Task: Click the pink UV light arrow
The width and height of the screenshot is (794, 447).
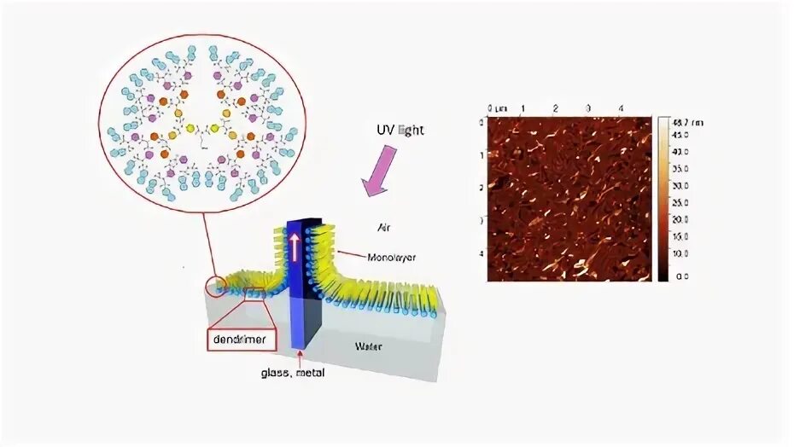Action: coord(379,170)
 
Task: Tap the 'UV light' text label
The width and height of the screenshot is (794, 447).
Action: coord(399,131)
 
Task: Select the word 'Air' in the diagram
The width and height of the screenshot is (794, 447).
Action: coord(387,228)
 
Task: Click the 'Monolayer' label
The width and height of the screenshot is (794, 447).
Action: coord(391,257)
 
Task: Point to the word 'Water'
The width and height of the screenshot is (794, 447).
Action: coord(370,345)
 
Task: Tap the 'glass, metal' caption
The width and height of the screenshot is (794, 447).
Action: coord(292,372)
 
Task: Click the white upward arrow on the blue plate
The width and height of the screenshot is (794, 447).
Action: coord(293,248)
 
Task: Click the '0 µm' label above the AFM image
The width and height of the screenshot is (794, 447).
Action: coord(496,108)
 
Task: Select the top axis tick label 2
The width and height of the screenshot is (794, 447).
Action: coord(556,108)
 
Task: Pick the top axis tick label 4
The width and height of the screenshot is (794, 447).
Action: coord(621,108)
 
